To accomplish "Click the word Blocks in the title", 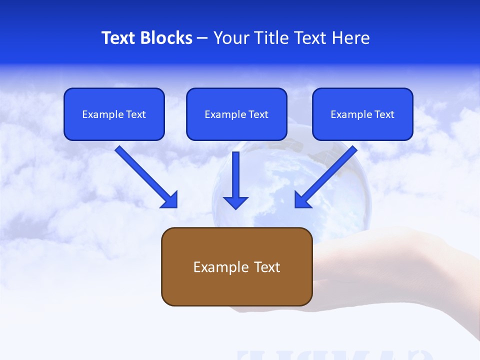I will [x=166, y=38].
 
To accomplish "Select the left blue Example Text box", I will [x=114, y=114].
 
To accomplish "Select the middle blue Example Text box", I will [x=236, y=114].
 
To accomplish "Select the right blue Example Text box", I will [x=362, y=114].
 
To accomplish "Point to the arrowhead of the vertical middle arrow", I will [x=235, y=202].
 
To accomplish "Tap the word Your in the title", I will [x=229, y=38].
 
